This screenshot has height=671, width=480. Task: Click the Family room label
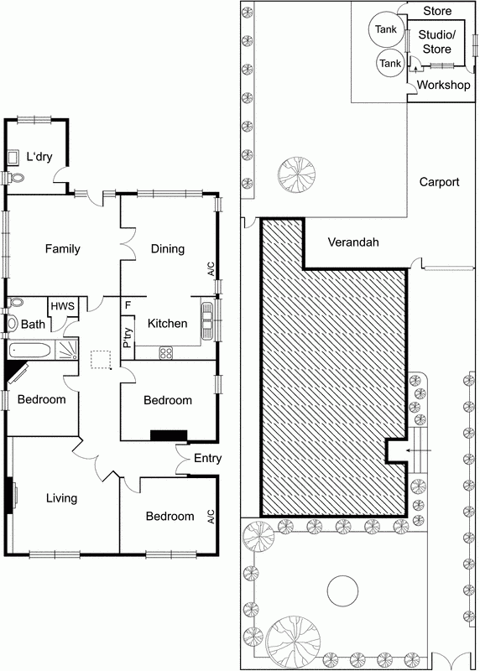tap(62, 248)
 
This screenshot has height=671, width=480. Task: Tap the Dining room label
tap(168, 248)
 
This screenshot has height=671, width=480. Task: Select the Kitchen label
tap(168, 323)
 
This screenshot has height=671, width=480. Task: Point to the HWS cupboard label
tap(62, 306)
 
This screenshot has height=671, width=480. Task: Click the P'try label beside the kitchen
tap(128, 338)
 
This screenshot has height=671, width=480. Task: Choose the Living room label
tap(61, 498)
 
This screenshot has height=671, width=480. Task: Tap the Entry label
tap(207, 458)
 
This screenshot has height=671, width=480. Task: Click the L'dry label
tap(39, 157)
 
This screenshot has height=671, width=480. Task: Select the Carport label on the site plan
tap(439, 182)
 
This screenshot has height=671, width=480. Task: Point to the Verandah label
tap(353, 242)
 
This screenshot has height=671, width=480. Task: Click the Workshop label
tap(443, 85)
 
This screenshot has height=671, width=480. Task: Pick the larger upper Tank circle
tap(386, 29)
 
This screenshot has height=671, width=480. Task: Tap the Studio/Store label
tap(436, 41)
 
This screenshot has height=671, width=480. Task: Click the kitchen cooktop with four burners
tap(166, 353)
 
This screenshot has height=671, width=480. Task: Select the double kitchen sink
tap(207, 321)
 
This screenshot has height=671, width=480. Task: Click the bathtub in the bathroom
tap(30, 351)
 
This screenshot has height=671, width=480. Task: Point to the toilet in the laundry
tap(15, 177)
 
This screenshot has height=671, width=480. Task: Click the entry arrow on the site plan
tap(420, 450)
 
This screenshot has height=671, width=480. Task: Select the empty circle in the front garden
tap(342, 590)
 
